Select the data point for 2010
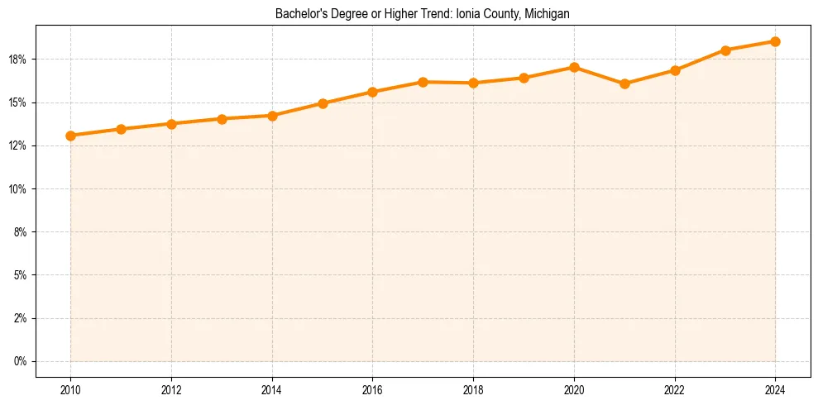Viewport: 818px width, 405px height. pos(70,136)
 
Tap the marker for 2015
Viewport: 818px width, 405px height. pos(323,103)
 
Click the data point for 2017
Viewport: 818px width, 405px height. pos(423,82)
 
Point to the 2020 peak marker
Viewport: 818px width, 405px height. pos(574,67)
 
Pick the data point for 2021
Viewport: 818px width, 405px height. pos(624,83)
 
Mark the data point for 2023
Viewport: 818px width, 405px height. pos(725,50)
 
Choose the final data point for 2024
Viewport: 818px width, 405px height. pos(776,41)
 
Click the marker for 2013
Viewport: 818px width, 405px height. pos(222,119)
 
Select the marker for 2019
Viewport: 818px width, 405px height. pos(524,78)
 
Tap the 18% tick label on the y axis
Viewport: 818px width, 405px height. pos(18,60)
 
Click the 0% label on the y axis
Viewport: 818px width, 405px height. pos(21,361)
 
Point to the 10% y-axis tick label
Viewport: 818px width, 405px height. pos(18,189)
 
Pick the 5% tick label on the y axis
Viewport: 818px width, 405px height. pos(21,275)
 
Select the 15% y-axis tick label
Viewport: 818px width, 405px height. pos(18,102)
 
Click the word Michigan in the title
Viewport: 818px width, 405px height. pos(547,14)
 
